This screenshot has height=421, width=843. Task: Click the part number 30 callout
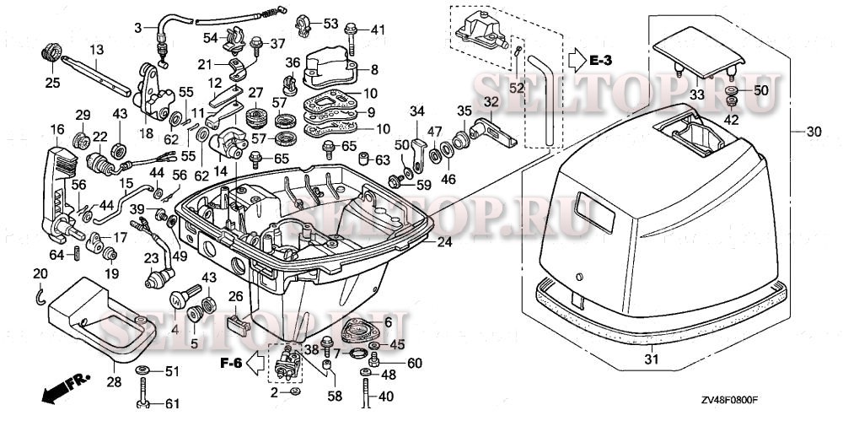813,132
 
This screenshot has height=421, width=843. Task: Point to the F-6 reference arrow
239,364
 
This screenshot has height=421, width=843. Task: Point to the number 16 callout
57,128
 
